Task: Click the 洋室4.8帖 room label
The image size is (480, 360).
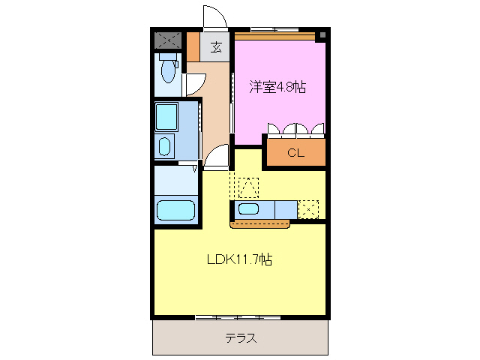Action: click(277, 87)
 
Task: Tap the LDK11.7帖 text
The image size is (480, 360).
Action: click(239, 260)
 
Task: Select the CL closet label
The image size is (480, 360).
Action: click(295, 154)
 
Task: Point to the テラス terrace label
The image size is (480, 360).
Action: click(241, 337)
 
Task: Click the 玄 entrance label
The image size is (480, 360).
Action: click(216, 48)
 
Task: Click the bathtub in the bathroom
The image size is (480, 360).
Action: click(176, 210)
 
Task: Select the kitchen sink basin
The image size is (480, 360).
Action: click(249, 209)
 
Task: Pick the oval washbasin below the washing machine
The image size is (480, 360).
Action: click(164, 145)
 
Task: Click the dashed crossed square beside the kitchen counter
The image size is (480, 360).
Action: click(309, 209)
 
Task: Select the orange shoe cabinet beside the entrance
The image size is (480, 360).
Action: click(193, 46)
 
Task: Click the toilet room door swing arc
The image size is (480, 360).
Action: click(191, 84)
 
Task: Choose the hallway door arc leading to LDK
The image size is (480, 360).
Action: click(217, 156)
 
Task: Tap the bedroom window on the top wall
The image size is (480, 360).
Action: click(273, 30)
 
